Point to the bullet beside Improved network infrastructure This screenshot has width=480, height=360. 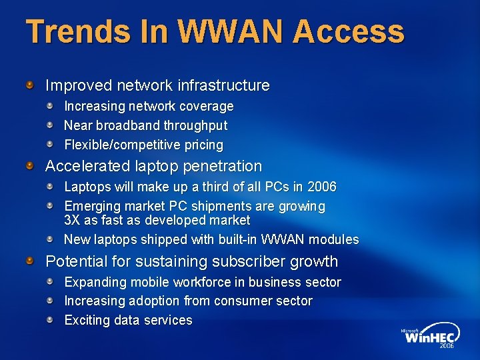(x=30, y=85)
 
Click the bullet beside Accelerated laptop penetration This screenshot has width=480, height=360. (x=30, y=165)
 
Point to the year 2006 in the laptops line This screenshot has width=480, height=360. (x=322, y=187)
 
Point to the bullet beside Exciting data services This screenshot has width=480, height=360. (x=50, y=319)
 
